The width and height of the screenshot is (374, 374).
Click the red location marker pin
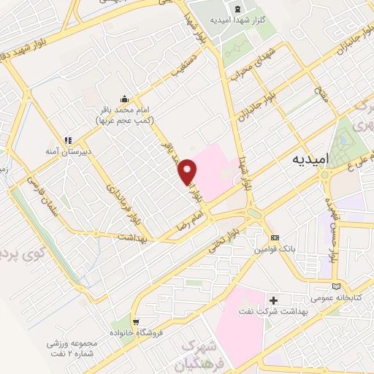(x=188, y=171)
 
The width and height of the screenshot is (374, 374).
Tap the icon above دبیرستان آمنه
(x=67, y=140)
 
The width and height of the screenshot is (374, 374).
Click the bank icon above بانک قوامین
(x=275, y=238)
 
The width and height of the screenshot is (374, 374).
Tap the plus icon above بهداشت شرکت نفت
(x=274, y=299)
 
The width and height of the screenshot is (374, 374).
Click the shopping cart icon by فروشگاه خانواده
(x=135, y=321)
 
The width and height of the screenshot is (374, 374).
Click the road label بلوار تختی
(x=225, y=241)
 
